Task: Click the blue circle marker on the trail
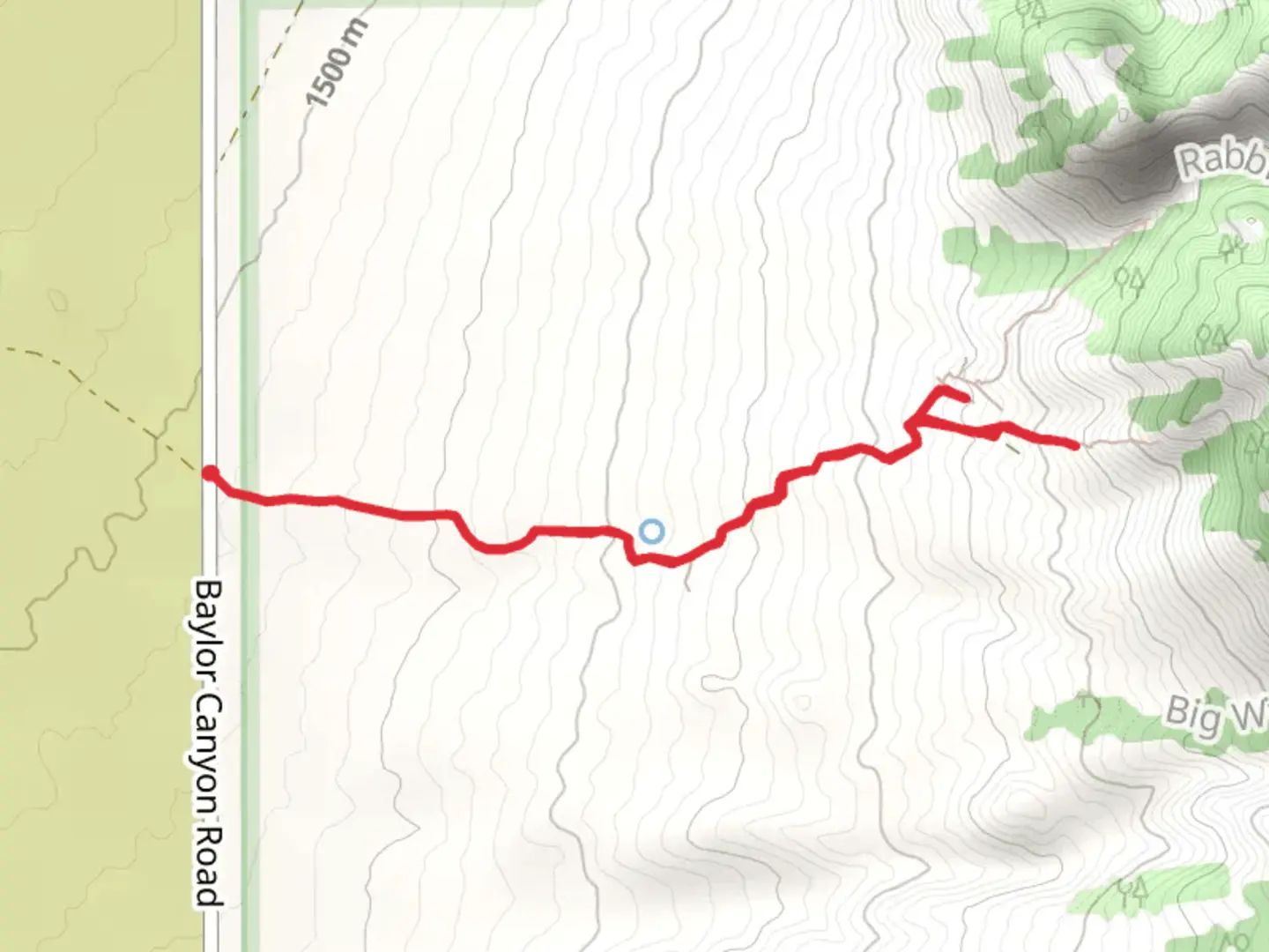click(651, 532)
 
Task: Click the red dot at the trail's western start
click(210, 473)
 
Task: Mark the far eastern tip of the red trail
click(1074, 446)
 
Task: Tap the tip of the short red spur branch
click(967, 398)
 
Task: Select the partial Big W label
click(1216, 714)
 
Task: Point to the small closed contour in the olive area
click(58, 301)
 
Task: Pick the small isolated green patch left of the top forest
click(945, 98)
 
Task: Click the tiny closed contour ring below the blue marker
click(802, 703)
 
